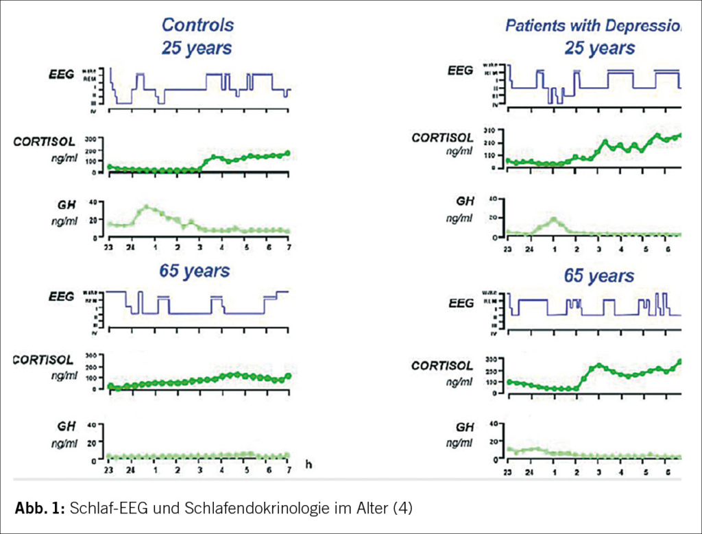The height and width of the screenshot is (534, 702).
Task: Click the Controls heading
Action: (197, 25)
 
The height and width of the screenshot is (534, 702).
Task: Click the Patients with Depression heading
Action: (594, 25)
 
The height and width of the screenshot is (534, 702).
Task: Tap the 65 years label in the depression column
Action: (599, 276)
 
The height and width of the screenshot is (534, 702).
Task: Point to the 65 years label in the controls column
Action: (196, 271)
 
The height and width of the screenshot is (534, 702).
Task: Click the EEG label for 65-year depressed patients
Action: (460, 303)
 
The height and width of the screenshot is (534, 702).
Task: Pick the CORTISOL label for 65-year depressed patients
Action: (442, 366)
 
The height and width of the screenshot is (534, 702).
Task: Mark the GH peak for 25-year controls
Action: (146, 207)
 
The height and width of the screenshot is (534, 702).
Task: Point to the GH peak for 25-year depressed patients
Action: (554, 220)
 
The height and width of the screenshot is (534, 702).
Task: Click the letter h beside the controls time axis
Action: (309, 465)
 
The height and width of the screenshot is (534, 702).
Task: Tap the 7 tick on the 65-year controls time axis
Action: (289, 470)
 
